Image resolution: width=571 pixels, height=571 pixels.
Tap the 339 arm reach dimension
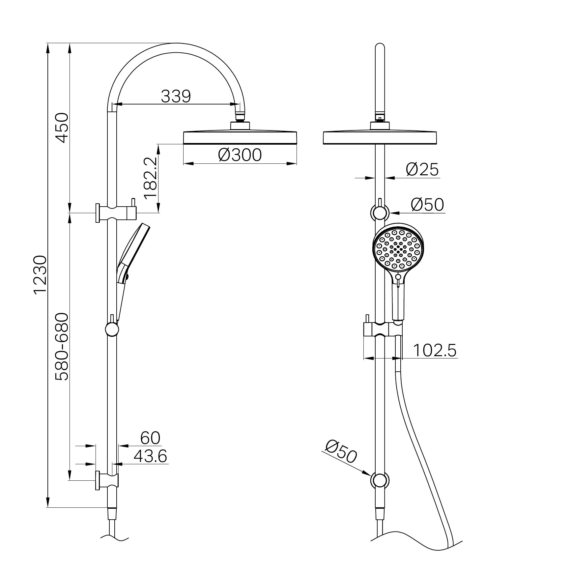pos(176,96)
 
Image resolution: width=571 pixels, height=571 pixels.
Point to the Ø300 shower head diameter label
pos(240,155)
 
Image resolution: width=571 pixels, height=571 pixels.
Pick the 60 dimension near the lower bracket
pos(150,438)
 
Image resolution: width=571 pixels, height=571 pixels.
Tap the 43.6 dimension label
pos(150,456)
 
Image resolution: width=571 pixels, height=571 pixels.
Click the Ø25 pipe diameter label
pos(422,170)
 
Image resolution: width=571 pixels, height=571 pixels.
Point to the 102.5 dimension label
pos(435,350)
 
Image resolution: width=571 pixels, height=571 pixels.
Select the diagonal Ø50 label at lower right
pos(341,451)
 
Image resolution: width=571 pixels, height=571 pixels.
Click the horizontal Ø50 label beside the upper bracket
pos(427,205)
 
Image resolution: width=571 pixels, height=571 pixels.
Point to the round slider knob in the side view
pos(112,329)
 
